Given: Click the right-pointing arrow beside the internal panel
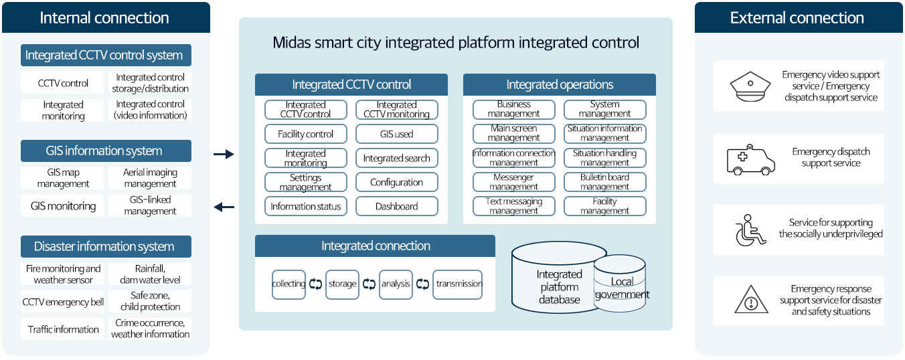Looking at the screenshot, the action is (x=224, y=154).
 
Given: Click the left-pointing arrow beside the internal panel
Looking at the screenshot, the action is (x=224, y=207).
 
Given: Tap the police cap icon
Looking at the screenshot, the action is (x=750, y=86).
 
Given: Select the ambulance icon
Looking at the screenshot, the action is (x=750, y=160).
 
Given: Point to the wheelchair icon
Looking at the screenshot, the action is (x=750, y=230).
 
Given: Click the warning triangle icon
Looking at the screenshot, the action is (x=751, y=299).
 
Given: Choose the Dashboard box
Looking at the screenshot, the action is (x=397, y=206).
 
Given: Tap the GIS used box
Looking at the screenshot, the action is (x=397, y=134).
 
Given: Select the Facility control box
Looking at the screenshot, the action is (x=306, y=134).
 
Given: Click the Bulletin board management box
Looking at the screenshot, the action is (x=605, y=182).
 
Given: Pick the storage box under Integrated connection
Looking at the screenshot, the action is (x=342, y=284).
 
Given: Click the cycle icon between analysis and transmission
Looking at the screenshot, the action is (x=422, y=284).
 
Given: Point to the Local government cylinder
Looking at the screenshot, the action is (x=620, y=284).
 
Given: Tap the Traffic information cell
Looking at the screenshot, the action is (x=63, y=329).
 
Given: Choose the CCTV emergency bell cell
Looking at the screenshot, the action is (x=63, y=301).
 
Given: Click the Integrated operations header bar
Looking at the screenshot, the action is (x=560, y=84).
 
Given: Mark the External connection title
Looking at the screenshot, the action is (x=797, y=18).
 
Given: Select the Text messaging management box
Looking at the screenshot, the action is (x=514, y=206).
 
